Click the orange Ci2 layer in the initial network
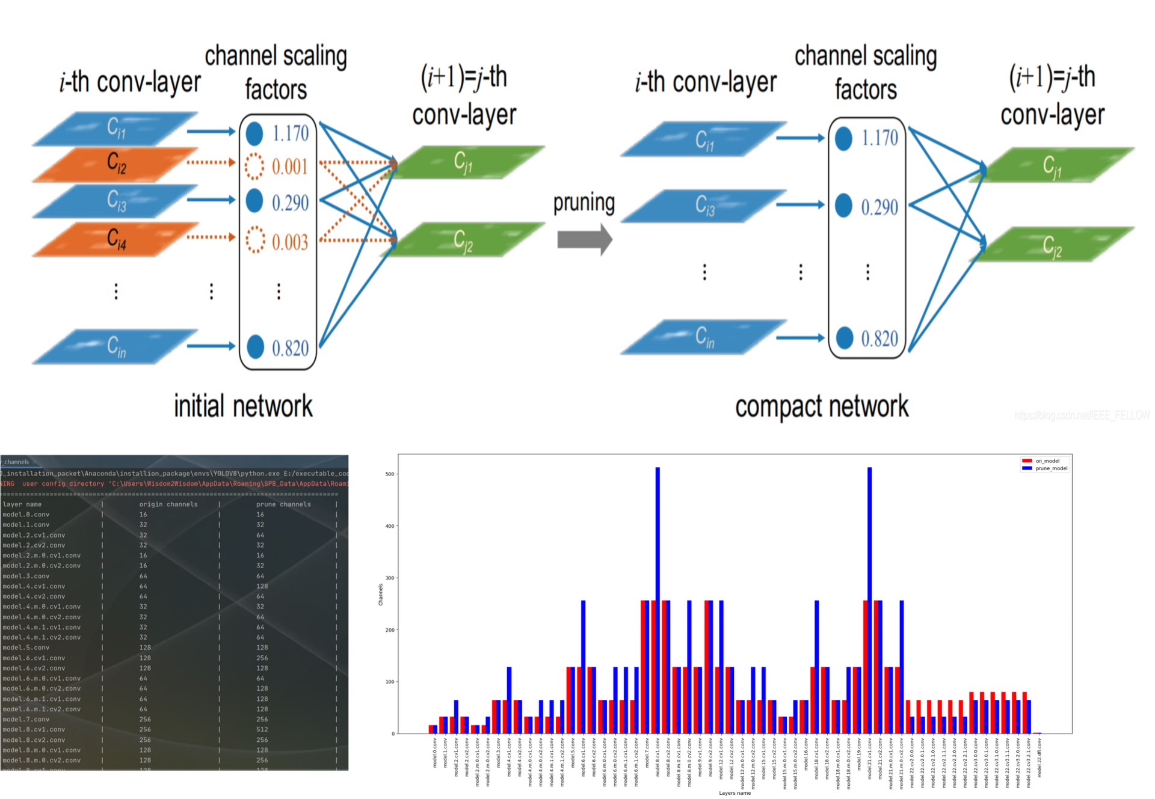click(x=115, y=164)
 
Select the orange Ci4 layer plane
click(x=115, y=239)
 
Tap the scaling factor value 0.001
click(x=290, y=167)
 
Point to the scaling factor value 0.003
click(x=290, y=242)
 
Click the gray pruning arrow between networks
click(x=584, y=239)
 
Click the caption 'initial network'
click(x=243, y=406)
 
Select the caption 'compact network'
click(x=822, y=407)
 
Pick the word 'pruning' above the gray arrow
click(x=584, y=203)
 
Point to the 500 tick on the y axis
click(x=390, y=474)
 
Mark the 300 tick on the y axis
click(x=390, y=578)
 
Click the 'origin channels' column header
click(x=168, y=504)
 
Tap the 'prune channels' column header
click(x=283, y=504)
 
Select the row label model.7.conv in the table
click(x=26, y=719)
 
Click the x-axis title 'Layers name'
click(x=735, y=793)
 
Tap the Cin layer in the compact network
click(x=704, y=337)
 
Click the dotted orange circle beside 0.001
click(x=254, y=166)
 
